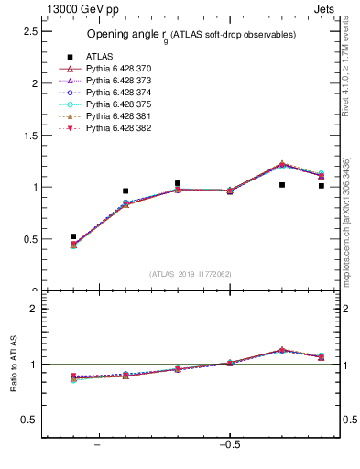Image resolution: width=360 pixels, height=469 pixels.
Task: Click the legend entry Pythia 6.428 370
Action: click(118, 69)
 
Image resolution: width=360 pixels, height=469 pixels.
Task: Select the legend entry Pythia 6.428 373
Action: click(118, 81)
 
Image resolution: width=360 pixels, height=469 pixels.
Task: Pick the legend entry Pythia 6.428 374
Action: click(118, 93)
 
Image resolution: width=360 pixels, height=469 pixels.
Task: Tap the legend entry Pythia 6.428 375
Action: click(118, 104)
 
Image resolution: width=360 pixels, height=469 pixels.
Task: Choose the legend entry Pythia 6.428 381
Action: click(118, 116)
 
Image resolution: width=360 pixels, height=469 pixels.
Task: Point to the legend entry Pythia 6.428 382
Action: click(118, 128)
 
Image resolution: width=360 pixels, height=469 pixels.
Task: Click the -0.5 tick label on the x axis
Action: click(228, 445)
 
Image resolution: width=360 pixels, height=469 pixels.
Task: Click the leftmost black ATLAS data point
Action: click(73, 236)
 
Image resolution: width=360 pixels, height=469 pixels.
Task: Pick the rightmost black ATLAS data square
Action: click(322, 186)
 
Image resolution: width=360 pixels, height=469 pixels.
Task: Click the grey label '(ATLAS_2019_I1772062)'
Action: click(191, 273)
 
